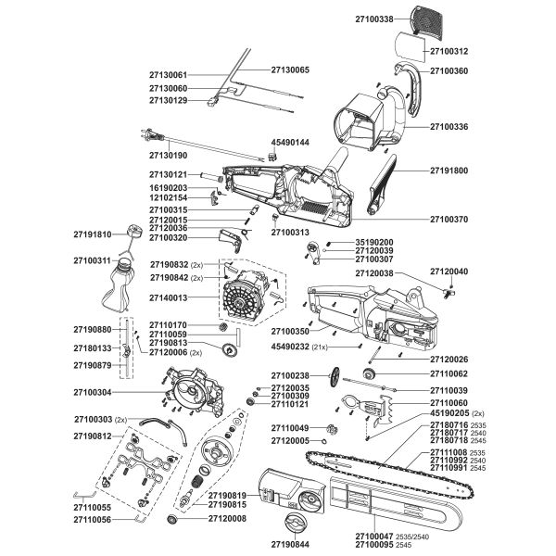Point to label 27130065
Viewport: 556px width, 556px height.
click(291, 69)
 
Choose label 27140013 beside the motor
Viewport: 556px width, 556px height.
click(169, 298)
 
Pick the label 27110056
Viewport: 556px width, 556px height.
click(92, 521)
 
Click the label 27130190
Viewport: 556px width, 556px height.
click(169, 156)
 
